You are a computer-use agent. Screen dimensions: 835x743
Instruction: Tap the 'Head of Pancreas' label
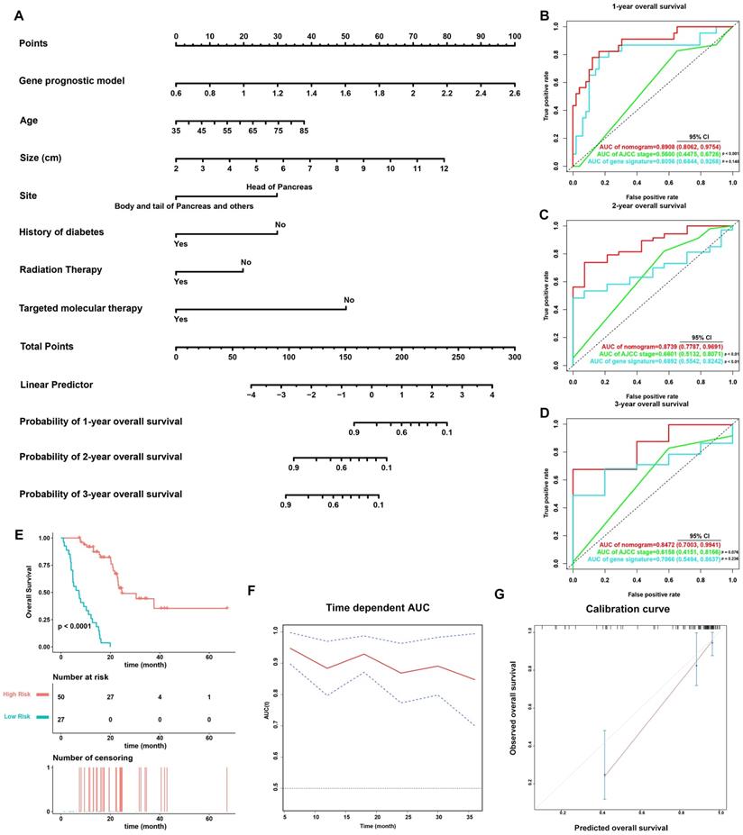(x=279, y=186)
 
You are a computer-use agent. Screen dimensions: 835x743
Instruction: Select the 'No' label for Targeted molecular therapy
(x=349, y=300)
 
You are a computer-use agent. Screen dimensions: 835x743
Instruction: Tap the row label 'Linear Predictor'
(x=56, y=385)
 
